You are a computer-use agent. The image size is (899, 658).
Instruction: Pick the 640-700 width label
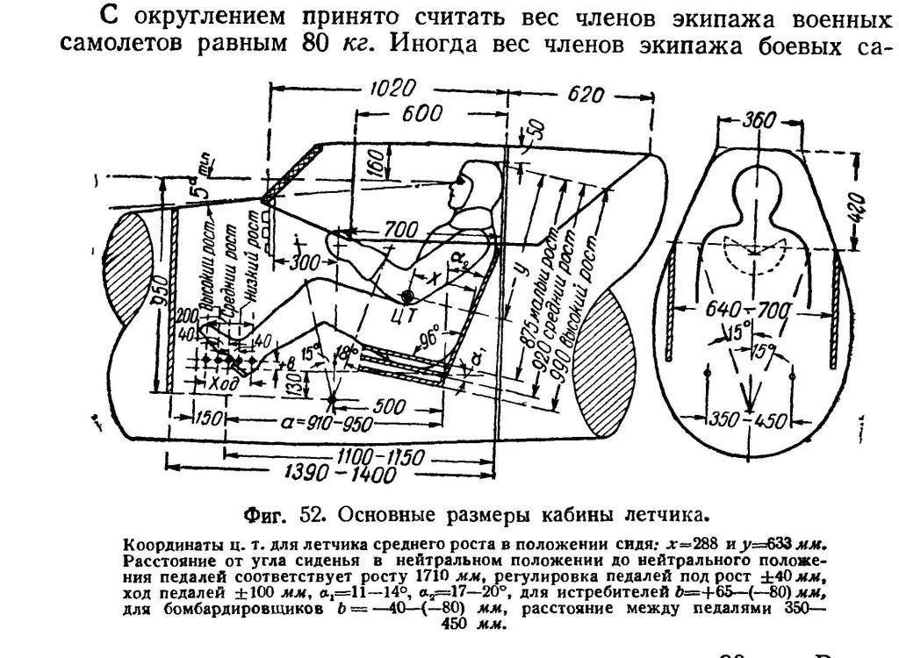coord(749,311)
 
